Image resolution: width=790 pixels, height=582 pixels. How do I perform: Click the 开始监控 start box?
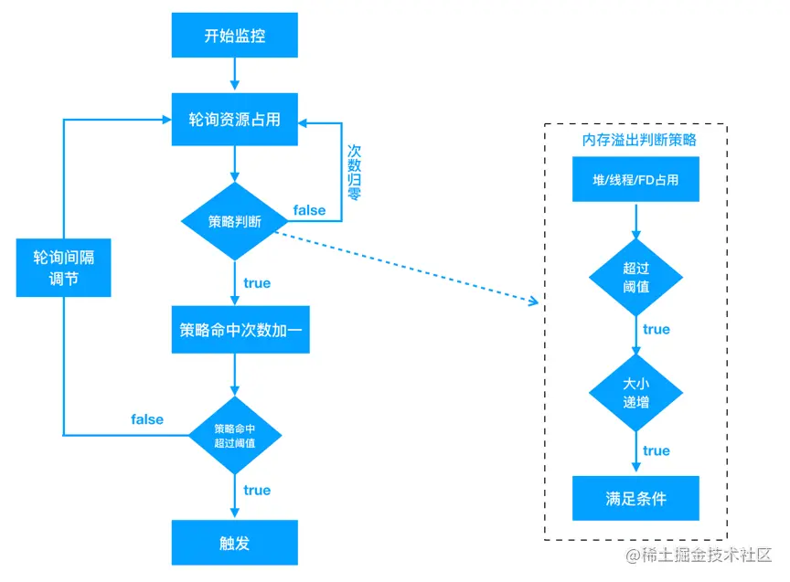click(x=234, y=36)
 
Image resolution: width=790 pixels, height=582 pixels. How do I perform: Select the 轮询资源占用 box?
click(x=234, y=120)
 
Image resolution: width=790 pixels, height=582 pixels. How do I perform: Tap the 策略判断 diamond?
click(x=234, y=221)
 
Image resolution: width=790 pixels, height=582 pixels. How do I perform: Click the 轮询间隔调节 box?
click(x=63, y=268)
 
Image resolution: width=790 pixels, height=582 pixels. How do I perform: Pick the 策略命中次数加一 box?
click(x=240, y=329)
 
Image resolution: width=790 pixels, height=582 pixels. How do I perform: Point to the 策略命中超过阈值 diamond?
click(x=235, y=436)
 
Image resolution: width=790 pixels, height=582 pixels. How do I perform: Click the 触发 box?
click(x=234, y=542)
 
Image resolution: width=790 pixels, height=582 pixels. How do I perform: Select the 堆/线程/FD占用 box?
click(x=635, y=179)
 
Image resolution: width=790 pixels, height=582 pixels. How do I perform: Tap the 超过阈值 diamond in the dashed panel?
click(x=635, y=278)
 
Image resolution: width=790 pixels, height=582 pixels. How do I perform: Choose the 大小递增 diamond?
click(x=635, y=393)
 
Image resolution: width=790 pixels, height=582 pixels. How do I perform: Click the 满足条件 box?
click(x=635, y=498)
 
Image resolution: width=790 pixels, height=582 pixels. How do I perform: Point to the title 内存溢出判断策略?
click(x=639, y=140)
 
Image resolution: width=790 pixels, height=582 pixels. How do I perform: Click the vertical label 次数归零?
click(x=354, y=173)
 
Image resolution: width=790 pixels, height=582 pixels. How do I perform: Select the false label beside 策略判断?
click(x=309, y=210)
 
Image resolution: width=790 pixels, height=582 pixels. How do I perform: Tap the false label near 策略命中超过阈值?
click(x=147, y=419)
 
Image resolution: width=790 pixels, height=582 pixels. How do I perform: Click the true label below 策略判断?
click(x=257, y=283)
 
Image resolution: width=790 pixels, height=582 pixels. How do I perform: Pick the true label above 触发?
click(x=257, y=490)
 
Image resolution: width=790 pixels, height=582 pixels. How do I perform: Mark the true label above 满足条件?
click(x=656, y=450)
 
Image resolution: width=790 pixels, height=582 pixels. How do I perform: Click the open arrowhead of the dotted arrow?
click(x=535, y=302)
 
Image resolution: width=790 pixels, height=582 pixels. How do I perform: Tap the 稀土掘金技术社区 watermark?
click(x=699, y=555)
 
